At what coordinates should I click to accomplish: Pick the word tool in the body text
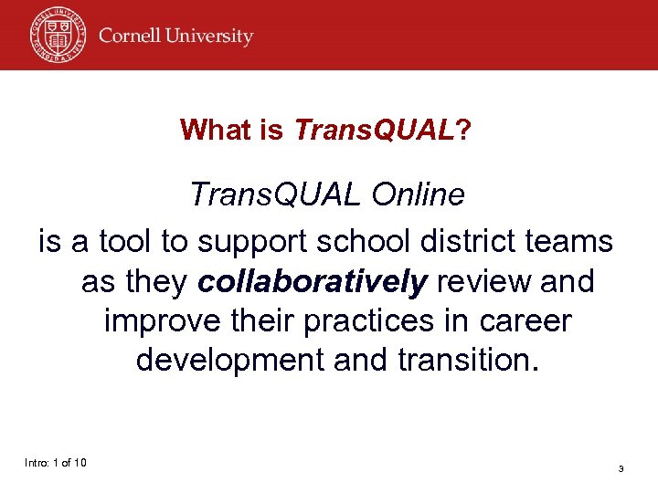(x=128, y=242)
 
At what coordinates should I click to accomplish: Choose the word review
(x=482, y=282)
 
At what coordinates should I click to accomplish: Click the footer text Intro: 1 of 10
(x=56, y=463)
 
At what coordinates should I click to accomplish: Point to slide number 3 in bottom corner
(x=621, y=468)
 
